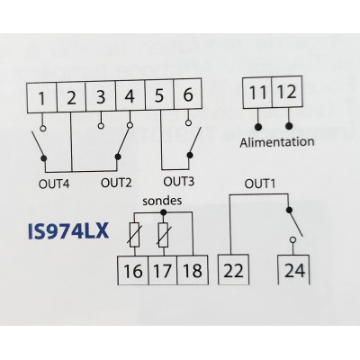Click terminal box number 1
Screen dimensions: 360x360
point(41,97)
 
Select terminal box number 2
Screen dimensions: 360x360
point(71,96)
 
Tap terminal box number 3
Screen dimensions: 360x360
point(101,96)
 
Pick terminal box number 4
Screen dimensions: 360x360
point(130,95)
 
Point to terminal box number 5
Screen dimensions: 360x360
point(159,94)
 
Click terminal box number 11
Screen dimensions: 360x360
point(257,93)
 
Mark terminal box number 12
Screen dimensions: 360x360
point(287,92)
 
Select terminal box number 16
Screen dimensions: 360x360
point(133,270)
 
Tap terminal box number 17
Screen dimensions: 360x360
point(163,270)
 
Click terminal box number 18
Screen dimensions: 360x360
point(193,270)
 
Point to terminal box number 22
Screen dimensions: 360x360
point(233,270)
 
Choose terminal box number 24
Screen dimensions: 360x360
point(294,270)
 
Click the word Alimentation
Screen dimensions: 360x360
point(277,141)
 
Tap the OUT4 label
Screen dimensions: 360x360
point(54,184)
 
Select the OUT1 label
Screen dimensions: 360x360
point(260,184)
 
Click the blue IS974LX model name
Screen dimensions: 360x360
point(68,232)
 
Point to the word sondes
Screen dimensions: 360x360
point(162,201)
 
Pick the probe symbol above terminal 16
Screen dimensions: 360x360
point(134,235)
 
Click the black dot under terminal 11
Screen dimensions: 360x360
point(258,127)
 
